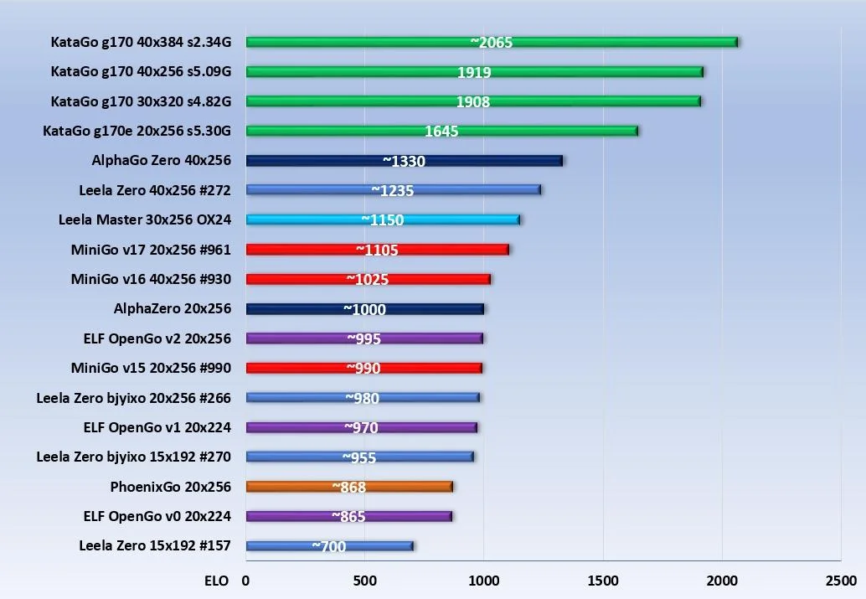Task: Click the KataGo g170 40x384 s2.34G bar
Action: point(492,42)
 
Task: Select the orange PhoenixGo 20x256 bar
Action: point(349,487)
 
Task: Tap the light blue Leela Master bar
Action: point(384,220)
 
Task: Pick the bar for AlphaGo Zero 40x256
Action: point(405,161)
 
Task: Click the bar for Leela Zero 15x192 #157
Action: point(330,546)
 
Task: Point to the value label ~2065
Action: point(492,43)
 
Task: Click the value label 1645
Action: point(441,131)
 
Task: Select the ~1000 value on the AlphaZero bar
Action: point(364,309)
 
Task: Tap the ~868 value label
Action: point(349,487)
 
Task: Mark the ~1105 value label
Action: point(377,250)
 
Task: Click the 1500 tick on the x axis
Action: point(603,581)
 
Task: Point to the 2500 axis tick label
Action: point(841,581)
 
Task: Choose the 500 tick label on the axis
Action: point(365,581)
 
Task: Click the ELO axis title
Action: point(216,581)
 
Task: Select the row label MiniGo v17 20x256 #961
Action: point(151,250)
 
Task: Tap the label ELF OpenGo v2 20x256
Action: point(157,338)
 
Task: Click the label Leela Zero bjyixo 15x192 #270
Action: point(134,457)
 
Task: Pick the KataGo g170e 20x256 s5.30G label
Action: point(137,131)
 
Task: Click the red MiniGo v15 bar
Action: point(364,368)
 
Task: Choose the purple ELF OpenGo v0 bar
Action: point(349,516)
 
